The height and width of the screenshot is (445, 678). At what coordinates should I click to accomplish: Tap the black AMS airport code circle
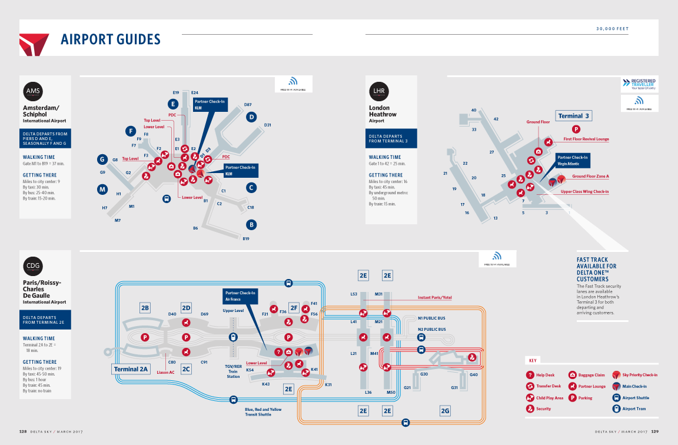34,91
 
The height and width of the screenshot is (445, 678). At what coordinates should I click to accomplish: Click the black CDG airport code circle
34,265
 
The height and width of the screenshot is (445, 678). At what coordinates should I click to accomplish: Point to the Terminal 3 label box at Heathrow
573,116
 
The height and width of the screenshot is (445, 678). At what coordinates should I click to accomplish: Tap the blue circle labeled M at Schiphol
102,190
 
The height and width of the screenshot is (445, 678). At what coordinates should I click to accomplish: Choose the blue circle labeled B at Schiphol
251,224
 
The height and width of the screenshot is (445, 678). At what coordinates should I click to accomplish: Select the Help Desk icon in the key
530,375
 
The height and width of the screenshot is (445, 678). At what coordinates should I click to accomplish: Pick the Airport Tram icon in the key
616,409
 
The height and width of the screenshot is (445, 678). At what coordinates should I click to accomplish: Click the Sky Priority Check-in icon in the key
616,375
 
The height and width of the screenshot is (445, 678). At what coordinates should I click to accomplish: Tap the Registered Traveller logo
639,84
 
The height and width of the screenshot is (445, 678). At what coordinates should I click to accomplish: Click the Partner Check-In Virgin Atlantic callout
572,161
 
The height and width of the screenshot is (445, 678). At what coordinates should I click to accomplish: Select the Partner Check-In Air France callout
241,296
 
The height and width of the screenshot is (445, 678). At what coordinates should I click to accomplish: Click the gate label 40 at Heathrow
474,110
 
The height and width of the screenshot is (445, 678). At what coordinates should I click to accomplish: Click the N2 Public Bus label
431,330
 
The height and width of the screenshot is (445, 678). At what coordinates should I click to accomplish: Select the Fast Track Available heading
597,270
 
